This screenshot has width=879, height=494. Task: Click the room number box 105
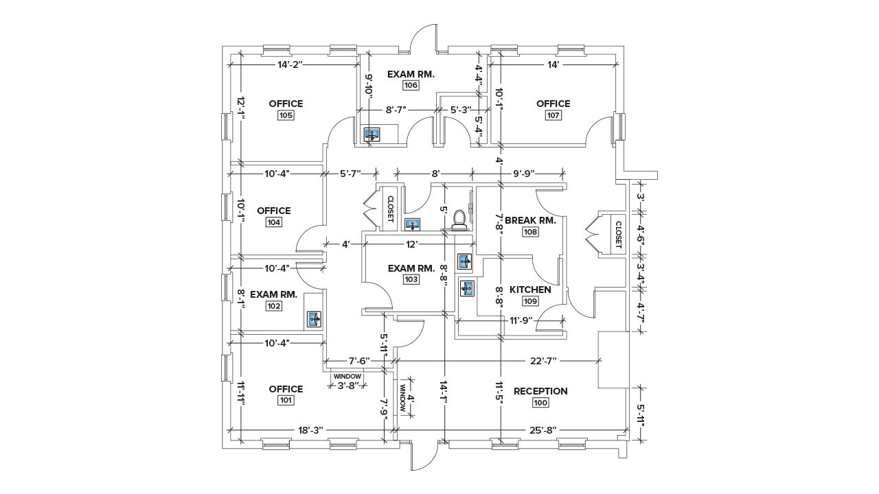(286, 115)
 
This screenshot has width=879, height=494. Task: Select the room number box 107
(553, 115)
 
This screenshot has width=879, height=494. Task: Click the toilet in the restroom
(459, 219)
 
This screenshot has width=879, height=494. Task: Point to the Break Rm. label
(530, 220)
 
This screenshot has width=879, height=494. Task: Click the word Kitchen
(530, 290)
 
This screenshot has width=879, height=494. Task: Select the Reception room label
(540, 391)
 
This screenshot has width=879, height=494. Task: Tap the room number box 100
(540, 403)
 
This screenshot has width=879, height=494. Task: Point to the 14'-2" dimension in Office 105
(290, 64)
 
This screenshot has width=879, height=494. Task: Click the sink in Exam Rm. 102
(313, 318)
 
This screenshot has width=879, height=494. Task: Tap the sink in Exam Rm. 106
(372, 134)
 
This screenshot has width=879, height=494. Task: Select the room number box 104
(274, 222)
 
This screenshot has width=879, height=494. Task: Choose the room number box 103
(411, 279)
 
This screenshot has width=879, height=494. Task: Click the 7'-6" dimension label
(359, 360)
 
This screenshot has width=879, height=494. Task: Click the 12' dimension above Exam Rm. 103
(411, 244)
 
